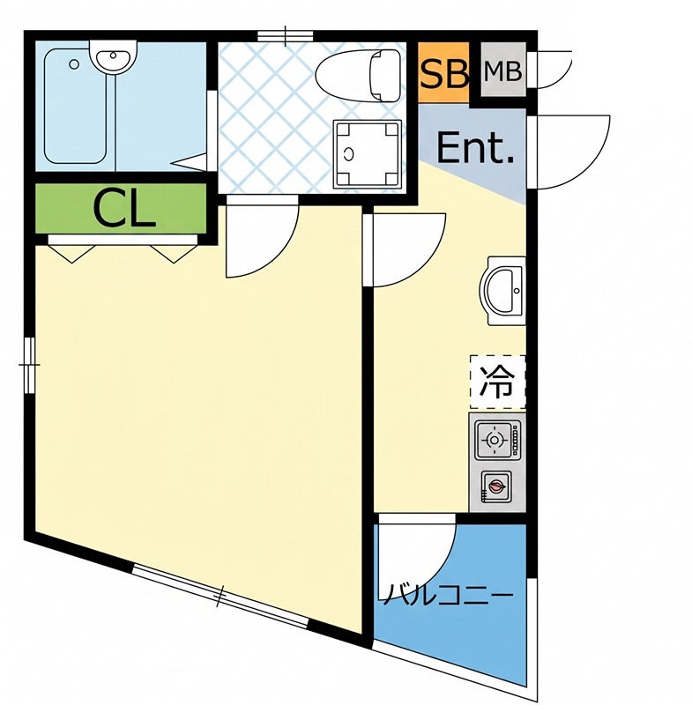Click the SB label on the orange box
pos(444,74)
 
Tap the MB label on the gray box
pos(503,71)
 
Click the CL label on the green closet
pos(123,210)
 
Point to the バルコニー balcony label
pos(447,594)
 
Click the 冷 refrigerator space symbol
pos(497,382)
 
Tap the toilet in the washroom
pos(359,75)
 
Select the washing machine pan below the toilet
pos(367,154)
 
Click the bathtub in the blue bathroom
pos(76,106)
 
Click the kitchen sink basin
pos(504,291)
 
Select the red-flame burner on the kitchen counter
pos(495,486)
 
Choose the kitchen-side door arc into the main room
pos(425,266)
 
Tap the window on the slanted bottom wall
pos(220,597)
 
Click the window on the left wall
pos(29,365)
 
